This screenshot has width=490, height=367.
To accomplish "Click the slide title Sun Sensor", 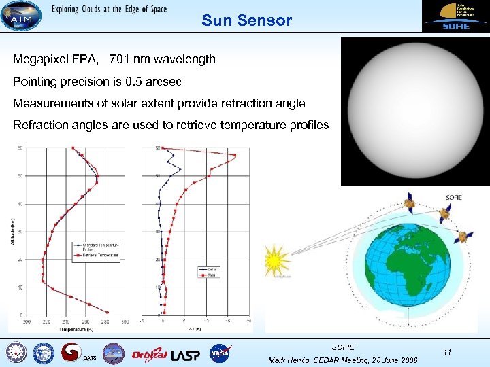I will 246,20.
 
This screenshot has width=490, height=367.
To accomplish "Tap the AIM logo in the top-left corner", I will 20,16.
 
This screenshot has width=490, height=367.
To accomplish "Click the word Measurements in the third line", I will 50,103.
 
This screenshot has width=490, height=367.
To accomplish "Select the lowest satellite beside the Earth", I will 463,237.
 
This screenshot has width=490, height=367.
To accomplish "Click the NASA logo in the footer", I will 220,353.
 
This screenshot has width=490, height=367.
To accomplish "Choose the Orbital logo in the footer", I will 149,353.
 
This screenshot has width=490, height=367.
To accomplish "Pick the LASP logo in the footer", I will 186,353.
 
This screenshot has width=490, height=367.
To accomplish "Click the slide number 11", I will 447,352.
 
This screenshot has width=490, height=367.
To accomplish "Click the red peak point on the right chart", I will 235,156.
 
